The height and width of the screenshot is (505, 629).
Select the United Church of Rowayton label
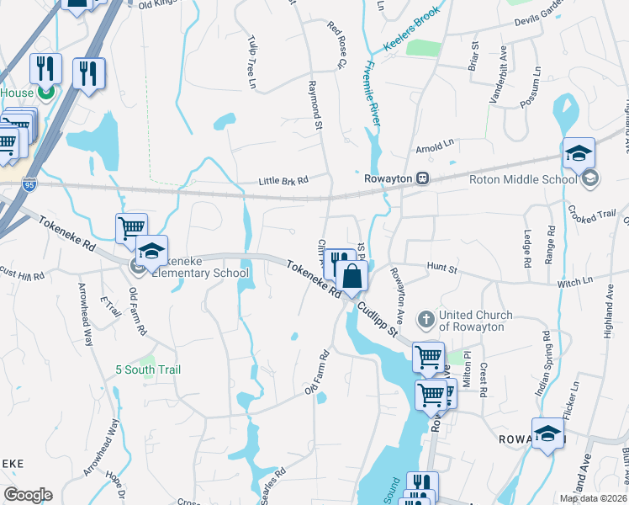(479, 321)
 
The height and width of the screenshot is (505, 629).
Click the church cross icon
(426, 319)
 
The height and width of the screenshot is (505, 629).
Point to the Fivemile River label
(371, 95)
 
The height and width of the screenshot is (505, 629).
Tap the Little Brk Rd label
(283, 180)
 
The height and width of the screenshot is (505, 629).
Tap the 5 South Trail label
(148, 369)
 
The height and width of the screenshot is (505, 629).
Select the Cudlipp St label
(377, 318)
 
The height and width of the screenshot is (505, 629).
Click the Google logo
(28, 495)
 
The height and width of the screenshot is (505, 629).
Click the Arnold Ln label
(435, 147)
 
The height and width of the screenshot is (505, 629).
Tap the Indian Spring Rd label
(543, 364)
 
